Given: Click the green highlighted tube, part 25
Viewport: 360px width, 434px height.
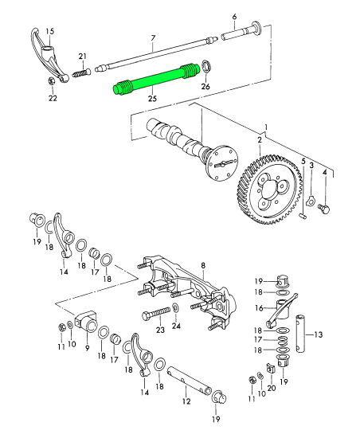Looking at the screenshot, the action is [156, 79].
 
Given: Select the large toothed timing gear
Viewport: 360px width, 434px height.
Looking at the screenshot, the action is [269, 190].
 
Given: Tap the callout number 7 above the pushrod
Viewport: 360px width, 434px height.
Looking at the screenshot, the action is [153, 38].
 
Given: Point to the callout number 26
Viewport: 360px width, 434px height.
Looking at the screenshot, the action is [205, 86].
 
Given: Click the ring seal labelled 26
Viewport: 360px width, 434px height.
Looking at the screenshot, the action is [206, 67].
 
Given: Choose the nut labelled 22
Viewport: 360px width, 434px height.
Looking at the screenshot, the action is [51, 81].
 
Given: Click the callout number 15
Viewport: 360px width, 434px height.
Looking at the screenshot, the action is [50, 31].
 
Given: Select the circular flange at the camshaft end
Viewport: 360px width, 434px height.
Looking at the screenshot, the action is [223, 163].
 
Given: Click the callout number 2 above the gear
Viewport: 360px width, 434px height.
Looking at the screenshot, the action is [260, 140].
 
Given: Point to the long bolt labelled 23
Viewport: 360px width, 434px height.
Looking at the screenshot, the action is [156, 314].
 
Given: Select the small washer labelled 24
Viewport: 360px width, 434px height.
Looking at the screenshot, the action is [175, 308].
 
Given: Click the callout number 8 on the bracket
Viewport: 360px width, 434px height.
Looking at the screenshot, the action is [203, 266].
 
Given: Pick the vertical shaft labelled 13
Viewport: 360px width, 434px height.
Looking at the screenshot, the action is [299, 333].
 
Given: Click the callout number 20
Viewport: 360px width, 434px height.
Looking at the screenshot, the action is [272, 388].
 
